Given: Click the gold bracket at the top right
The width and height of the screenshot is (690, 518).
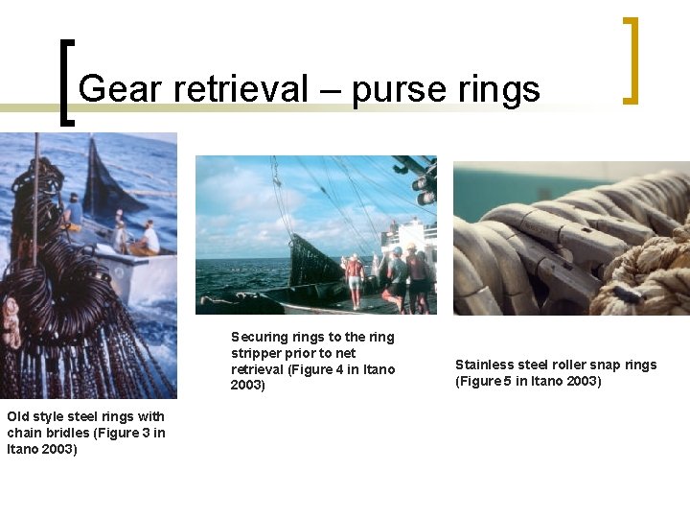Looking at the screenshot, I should point(631,59).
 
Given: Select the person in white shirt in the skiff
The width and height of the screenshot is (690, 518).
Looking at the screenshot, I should point(150,237).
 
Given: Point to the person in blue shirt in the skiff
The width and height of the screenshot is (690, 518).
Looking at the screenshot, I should point(74,211).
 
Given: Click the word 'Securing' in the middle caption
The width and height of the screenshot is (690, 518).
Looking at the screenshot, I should point(259,337).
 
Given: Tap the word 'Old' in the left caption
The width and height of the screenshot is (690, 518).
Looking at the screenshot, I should point(19,416).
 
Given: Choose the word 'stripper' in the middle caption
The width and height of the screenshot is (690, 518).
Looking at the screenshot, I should point(256,353).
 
